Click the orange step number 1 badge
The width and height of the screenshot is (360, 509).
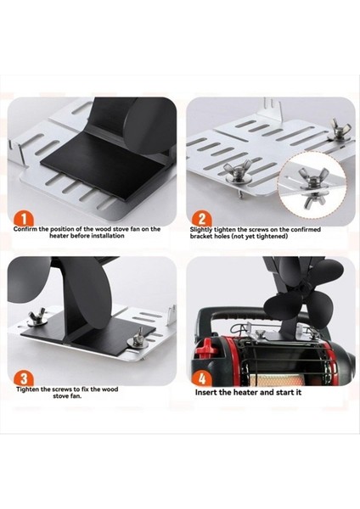coord(24,219)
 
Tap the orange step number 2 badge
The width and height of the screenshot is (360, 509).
coord(202,219)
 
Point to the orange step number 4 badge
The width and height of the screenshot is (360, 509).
coord(202,378)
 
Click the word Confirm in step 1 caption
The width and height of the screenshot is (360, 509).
coord(25,229)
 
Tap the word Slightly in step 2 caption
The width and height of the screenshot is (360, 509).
coord(201,230)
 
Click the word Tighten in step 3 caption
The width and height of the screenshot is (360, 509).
coord(29,389)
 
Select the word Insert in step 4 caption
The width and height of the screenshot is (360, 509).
coord(205,392)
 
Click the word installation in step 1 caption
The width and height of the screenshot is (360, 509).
coord(108,236)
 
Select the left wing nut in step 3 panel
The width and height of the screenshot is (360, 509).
coord(37,316)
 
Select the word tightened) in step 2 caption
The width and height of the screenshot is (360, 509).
coord(272,237)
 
